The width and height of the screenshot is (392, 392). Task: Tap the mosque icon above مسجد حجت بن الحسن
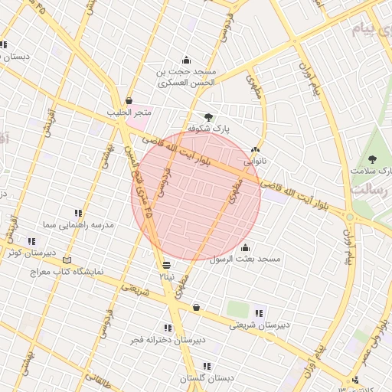coord(186,60)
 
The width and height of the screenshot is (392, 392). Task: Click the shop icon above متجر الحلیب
coord(129,100)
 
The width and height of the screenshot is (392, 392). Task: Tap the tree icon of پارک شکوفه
coord(208,117)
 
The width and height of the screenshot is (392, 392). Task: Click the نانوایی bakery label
coord(255,162)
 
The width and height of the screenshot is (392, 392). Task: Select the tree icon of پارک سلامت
coord(372,159)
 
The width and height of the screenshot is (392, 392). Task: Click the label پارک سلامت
coord(371,170)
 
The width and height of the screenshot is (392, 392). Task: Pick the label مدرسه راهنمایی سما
coord(79,225)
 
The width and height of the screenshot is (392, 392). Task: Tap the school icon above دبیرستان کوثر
coord(31,241)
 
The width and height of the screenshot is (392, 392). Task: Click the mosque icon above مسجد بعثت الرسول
coord(245,247)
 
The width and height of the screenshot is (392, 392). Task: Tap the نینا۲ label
coord(166,276)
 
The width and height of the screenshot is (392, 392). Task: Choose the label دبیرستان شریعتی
coord(260,324)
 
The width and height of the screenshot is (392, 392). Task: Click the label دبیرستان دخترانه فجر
coord(168,339)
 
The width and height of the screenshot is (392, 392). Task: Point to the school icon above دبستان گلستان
coord(207,367)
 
